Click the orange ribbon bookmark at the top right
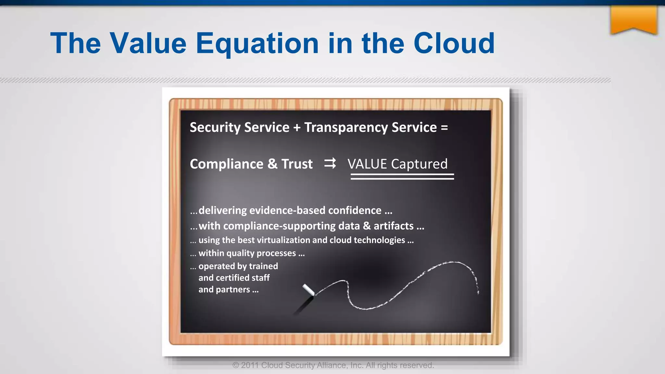[634, 19]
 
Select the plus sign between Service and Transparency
[297, 128]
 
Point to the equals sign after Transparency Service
[444, 128]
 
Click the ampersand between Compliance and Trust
[272, 164]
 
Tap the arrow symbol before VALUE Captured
[330, 163]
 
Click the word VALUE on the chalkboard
[367, 164]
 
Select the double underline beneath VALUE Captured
[402, 177]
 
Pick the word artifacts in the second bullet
[394, 226]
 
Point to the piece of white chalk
[308, 290]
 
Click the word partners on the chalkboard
[233, 290]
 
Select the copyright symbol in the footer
[236, 366]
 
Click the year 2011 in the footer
[250, 366]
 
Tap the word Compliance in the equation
[227, 164]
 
